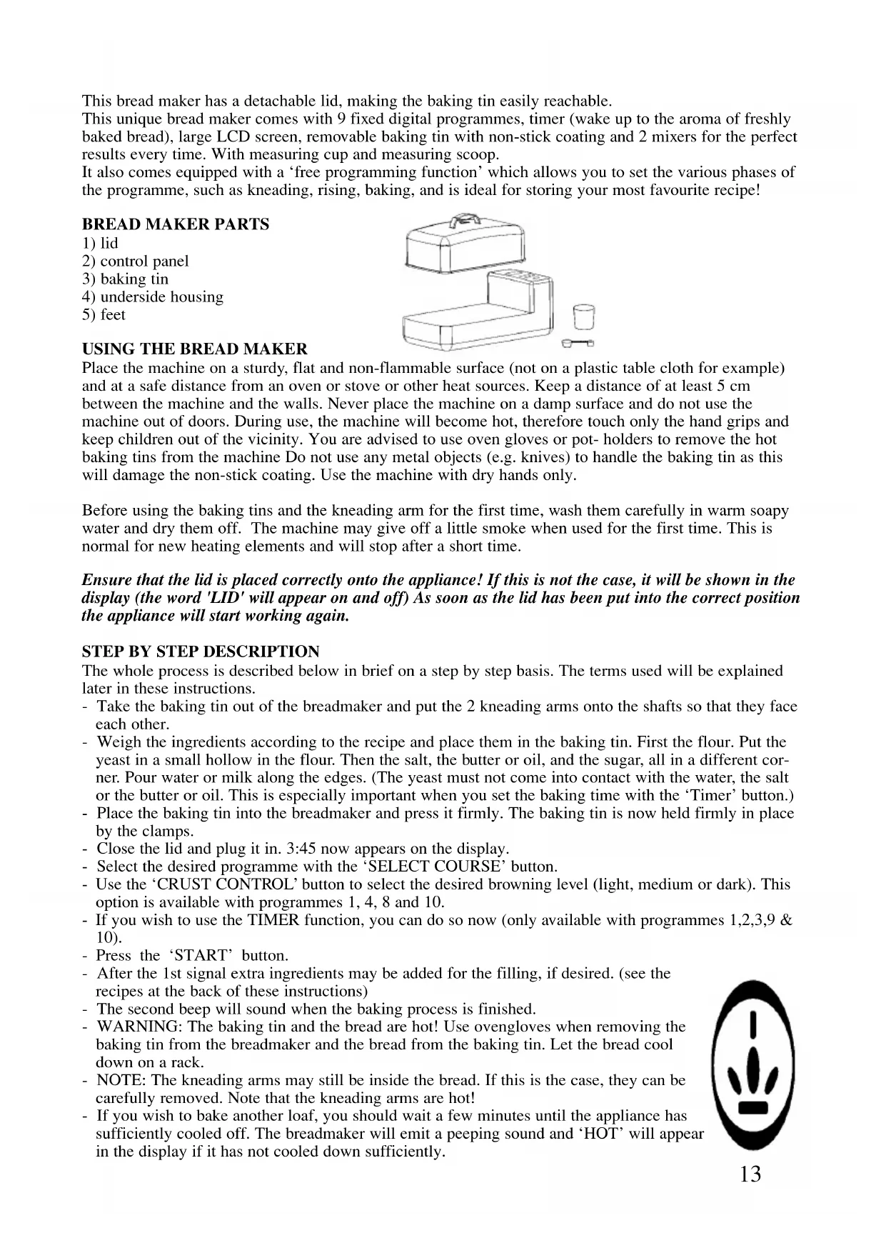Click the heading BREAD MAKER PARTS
coord(176,224)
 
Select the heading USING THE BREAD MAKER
coord(195,349)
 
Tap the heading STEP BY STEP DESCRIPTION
coord(201,652)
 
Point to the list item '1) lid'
coord(100,243)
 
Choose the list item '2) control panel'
coord(136,261)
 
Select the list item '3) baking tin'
coord(126,279)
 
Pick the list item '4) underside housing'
coord(153,297)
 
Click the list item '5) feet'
coord(104,315)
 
